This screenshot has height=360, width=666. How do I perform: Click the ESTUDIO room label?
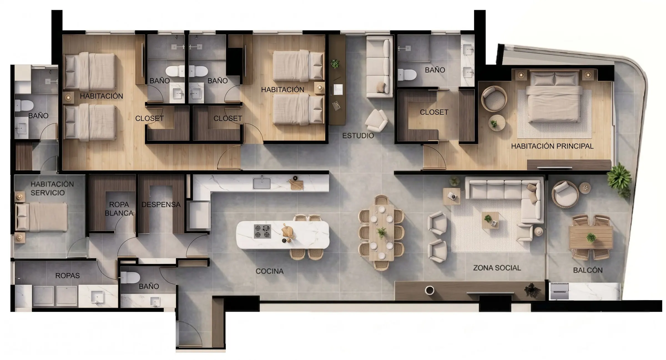point(358,136)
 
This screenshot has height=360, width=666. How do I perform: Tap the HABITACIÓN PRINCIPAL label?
point(552,146)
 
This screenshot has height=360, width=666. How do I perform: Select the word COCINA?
point(269,271)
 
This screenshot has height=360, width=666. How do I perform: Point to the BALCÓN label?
point(588,270)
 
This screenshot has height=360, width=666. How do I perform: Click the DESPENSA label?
point(161,205)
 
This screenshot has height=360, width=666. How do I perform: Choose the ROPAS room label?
point(67,276)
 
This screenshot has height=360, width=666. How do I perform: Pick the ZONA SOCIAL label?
point(497,268)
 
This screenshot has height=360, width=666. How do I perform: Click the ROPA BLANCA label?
point(119,209)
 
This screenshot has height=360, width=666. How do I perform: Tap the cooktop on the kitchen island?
point(262,231)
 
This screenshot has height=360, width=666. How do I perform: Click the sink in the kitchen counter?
point(262,183)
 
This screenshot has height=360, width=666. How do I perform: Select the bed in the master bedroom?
point(554,96)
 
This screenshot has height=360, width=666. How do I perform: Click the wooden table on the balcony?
point(591,238)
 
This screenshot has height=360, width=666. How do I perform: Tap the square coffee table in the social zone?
point(490,220)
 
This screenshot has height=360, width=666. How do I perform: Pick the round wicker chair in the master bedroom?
point(494,99)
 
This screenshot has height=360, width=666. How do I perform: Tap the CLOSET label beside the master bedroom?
point(434,112)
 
